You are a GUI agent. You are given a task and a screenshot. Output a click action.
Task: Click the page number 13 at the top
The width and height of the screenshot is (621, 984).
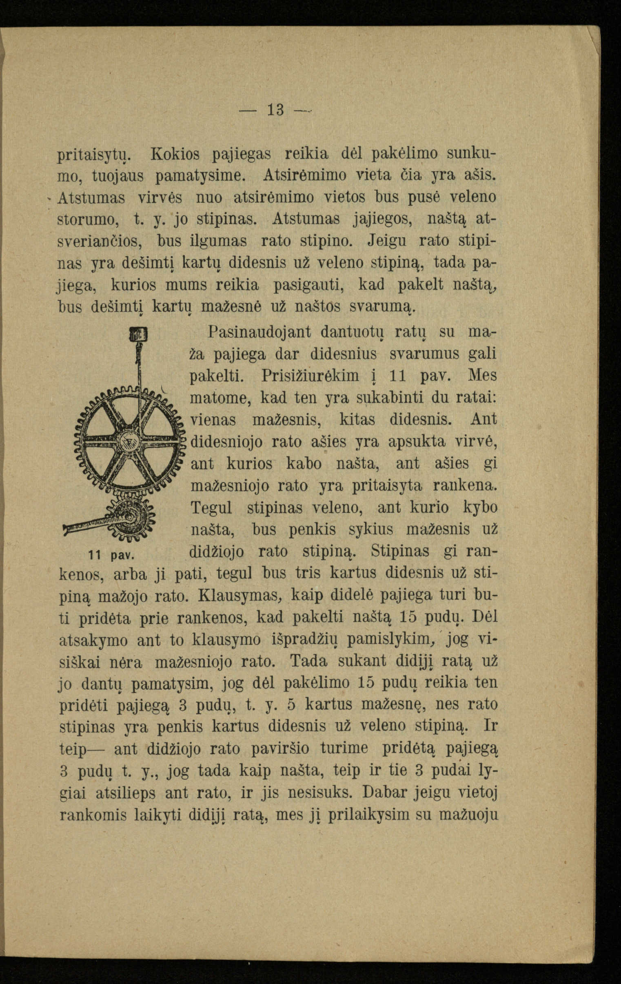pos(276,110)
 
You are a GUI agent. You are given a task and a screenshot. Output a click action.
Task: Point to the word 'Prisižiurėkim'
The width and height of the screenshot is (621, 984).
pos(310,375)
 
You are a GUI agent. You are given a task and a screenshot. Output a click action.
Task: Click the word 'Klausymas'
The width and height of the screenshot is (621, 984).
pos(240,595)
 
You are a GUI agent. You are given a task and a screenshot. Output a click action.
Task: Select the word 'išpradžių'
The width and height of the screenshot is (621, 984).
pos(304,640)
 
